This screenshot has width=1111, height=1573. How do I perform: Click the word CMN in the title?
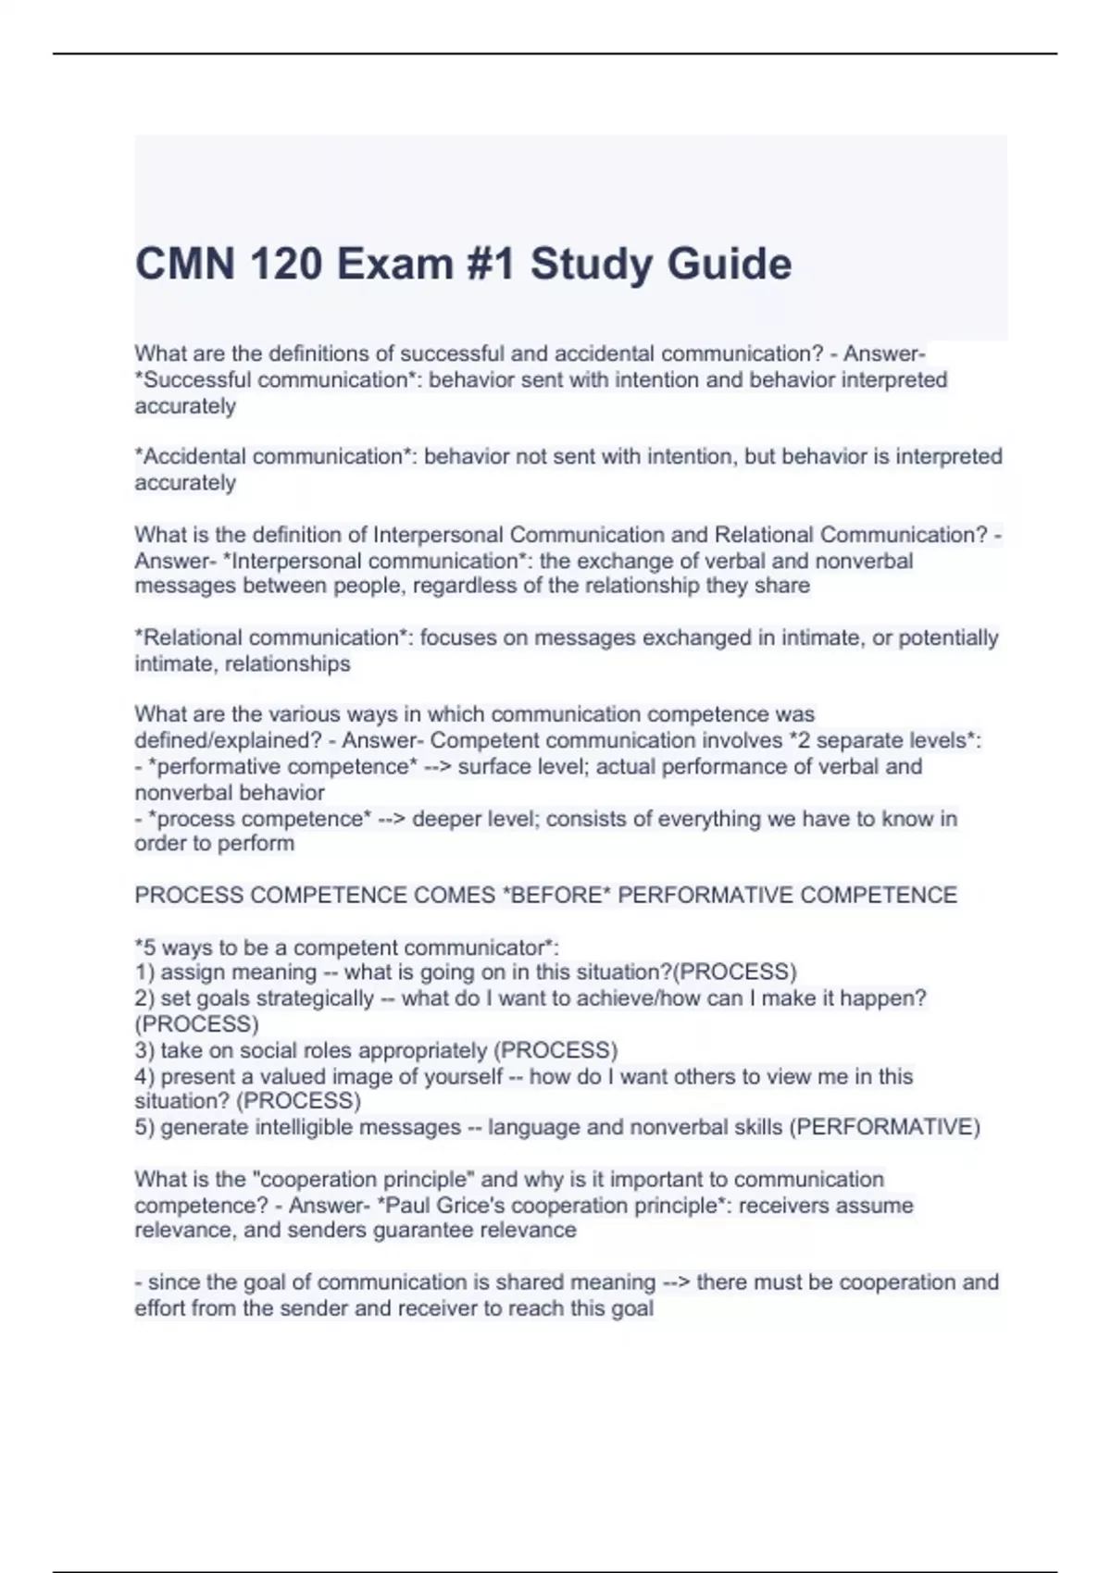[x=183, y=264]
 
